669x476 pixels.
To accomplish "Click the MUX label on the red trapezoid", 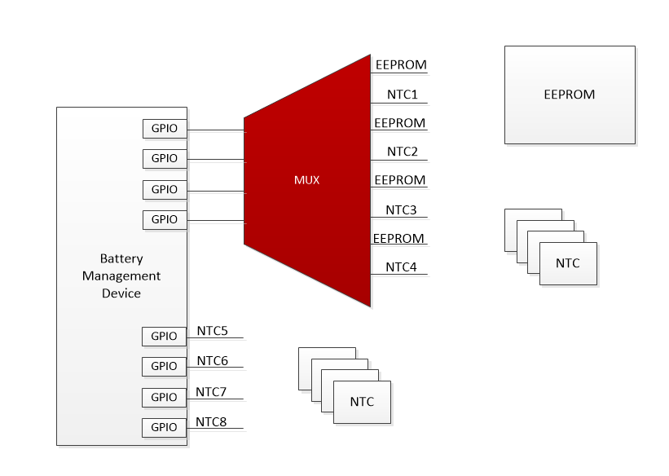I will coord(306,180).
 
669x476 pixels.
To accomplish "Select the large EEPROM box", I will coord(570,95).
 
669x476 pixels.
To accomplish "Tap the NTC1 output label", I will coord(402,95).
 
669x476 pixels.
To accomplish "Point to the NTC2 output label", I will coord(402,152).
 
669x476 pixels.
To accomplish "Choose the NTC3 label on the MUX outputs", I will coord(401,210).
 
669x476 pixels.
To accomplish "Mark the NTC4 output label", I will coord(401,267).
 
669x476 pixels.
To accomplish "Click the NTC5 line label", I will coord(212,331).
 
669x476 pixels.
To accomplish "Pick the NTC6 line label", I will coord(212,361).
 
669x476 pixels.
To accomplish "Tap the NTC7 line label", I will coord(211,392).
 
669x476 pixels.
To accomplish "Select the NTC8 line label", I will coord(211,422).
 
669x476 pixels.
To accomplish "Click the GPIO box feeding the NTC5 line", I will coord(165,336).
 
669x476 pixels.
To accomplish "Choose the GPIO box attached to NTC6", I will coord(165,367).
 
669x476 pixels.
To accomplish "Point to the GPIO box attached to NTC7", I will coord(165,397).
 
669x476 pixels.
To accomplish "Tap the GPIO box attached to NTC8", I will coord(165,427).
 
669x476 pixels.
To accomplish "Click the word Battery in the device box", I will coord(121,258).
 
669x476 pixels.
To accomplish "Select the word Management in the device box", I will coord(121,276).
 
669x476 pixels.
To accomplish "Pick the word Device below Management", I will coord(121,293).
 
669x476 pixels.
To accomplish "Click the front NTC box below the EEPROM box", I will coord(568,263).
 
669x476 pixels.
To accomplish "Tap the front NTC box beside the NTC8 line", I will coord(362,402).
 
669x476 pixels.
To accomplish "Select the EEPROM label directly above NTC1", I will coord(400,65).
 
